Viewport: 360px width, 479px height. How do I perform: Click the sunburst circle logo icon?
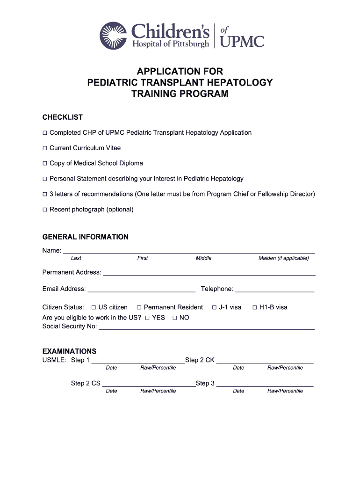tap(113, 35)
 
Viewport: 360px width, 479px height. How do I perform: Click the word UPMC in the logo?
tap(242, 41)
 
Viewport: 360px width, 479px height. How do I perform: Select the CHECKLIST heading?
tap(63, 117)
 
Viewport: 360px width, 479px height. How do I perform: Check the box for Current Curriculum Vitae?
tap(45, 148)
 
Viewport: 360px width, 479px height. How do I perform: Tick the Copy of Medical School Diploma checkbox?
tap(45, 164)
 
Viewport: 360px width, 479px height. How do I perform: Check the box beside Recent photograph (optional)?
tap(45, 210)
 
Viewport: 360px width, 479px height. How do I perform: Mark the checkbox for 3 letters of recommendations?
tap(45, 194)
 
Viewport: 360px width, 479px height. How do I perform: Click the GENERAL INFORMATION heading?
tap(85, 237)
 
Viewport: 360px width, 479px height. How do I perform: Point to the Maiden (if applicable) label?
tap(283, 258)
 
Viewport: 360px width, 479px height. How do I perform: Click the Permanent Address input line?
tap(209, 272)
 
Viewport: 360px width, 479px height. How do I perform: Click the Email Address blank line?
tap(141, 289)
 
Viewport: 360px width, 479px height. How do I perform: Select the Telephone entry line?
tap(274, 289)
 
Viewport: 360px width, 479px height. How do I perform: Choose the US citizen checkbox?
tap(94, 308)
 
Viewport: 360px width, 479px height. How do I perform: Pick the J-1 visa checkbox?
tap(214, 308)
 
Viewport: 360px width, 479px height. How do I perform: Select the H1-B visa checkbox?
tap(255, 308)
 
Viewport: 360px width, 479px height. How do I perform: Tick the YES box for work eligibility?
tap(147, 318)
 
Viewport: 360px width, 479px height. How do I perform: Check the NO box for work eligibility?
tap(175, 318)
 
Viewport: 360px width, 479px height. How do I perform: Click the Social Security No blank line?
tap(206, 327)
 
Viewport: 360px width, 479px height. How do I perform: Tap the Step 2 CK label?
tap(200, 360)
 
